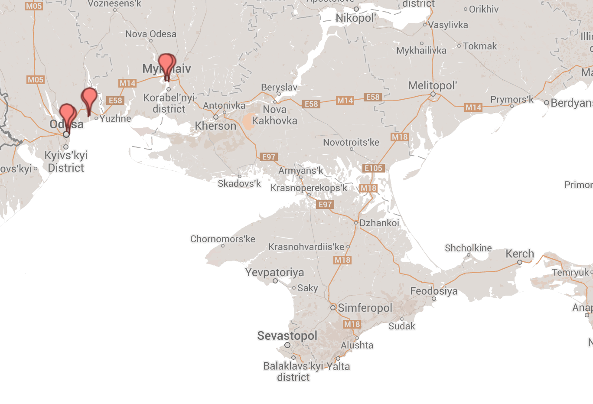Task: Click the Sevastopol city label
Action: pos(287,336)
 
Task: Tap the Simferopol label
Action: pos(365,308)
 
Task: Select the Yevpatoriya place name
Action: pos(274,272)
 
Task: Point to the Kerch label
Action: pos(519,254)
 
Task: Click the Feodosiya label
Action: pos(434,291)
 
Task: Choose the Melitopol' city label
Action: pos(432,85)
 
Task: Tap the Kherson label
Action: pos(215,126)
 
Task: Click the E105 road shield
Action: pos(373,168)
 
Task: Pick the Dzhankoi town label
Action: pos(379,223)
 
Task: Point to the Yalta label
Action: pos(338,366)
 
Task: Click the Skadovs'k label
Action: pos(239,183)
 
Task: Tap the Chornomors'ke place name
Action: pos(222,239)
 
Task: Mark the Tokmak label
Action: pos(480,46)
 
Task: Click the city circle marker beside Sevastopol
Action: pos(287,345)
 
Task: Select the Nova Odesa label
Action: pos(151,34)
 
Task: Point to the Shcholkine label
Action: pos(468,248)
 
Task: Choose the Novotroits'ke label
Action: pos(351,142)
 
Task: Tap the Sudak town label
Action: pos(401,326)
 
